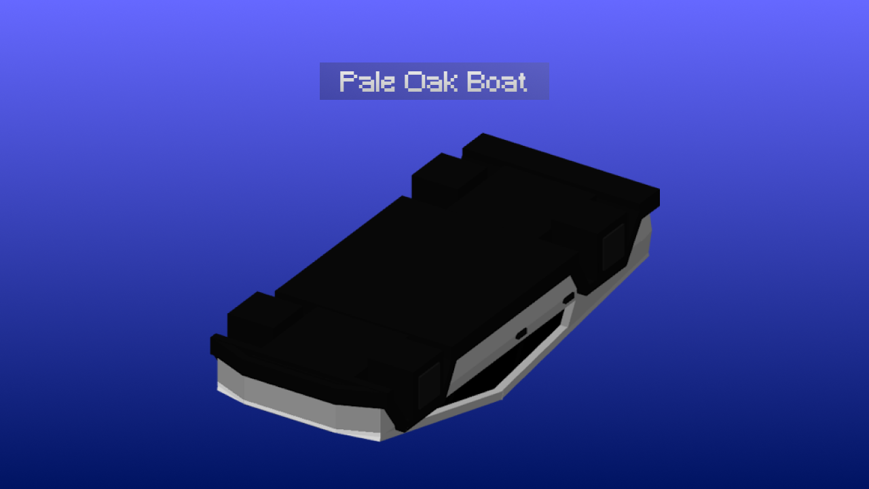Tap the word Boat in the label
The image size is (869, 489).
(x=498, y=82)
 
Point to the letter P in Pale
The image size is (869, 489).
(x=347, y=82)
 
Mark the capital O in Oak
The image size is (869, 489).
(x=411, y=82)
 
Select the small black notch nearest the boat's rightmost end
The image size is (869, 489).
(x=568, y=297)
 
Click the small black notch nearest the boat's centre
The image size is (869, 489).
(x=521, y=333)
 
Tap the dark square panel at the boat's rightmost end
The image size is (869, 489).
(x=614, y=246)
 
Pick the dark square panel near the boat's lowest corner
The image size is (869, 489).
(x=428, y=384)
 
